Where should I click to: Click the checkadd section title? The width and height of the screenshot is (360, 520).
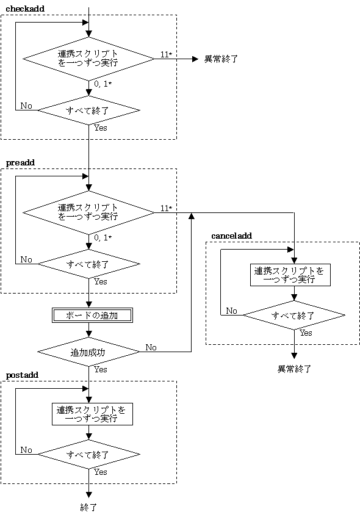(25, 9)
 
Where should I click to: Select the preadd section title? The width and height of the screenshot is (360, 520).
(20, 163)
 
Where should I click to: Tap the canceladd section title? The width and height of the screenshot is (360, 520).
(231, 236)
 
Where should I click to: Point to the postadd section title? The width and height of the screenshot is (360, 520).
(22, 375)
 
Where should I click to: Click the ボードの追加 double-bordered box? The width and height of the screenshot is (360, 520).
(92, 316)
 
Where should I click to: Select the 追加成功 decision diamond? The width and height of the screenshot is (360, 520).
(89, 352)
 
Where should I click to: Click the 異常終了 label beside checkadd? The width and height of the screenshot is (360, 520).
(221, 59)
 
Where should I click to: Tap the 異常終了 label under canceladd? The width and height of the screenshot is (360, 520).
(294, 369)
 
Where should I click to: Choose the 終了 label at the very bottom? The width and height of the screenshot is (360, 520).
(88, 507)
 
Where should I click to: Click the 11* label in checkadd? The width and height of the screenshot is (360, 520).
(167, 54)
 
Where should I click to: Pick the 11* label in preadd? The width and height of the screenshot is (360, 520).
(167, 208)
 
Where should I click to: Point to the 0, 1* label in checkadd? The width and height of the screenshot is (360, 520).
(103, 84)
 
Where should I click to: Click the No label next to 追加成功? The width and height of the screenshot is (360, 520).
(151, 347)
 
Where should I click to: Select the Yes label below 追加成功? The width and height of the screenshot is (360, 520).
(101, 369)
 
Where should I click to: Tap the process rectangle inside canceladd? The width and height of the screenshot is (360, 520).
(290, 275)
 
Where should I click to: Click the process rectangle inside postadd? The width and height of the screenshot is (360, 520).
(92, 414)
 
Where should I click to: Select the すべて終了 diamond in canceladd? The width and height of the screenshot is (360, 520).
(294, 315)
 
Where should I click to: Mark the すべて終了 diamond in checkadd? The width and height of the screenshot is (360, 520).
(89, 110)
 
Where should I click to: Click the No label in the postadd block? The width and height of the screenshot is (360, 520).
(26, 450)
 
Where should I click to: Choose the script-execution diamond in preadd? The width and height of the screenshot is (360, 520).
(89, 212)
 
